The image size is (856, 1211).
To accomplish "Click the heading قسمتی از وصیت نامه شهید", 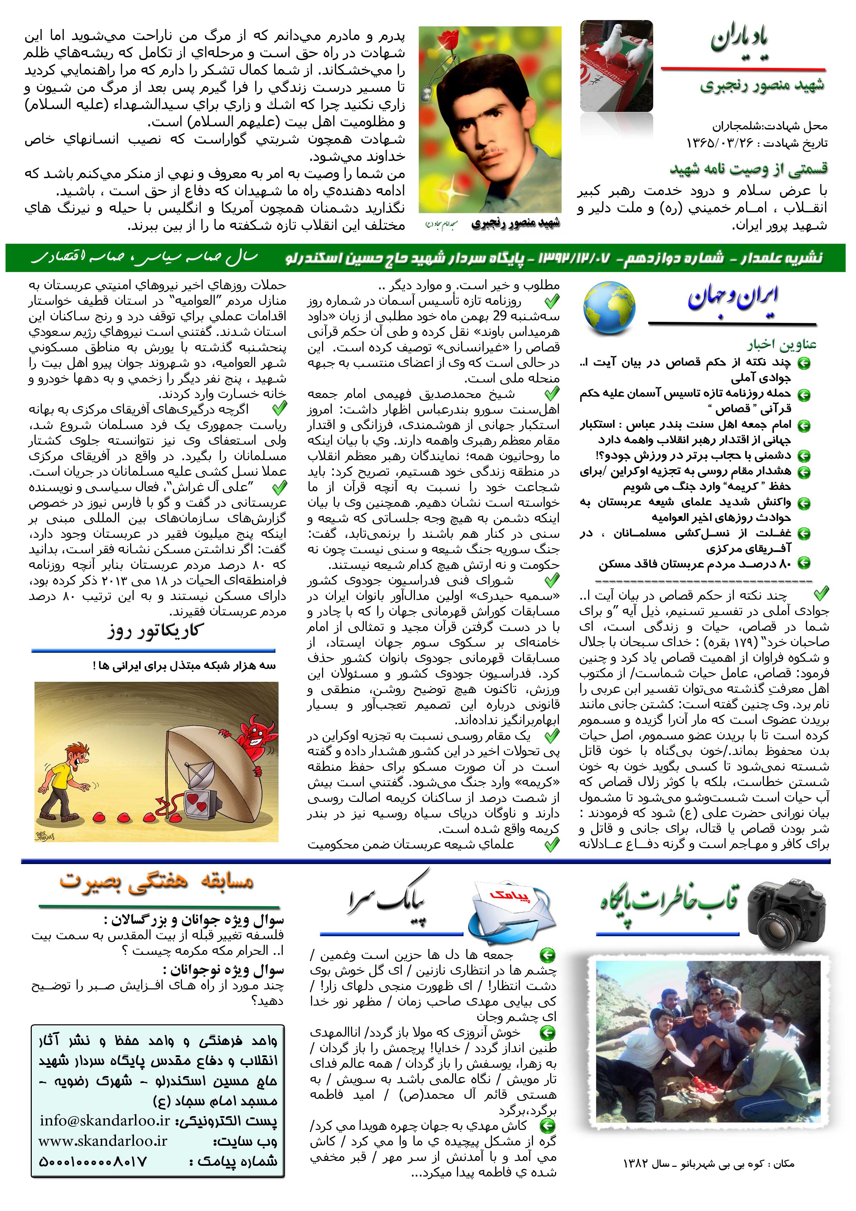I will [748, 169].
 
